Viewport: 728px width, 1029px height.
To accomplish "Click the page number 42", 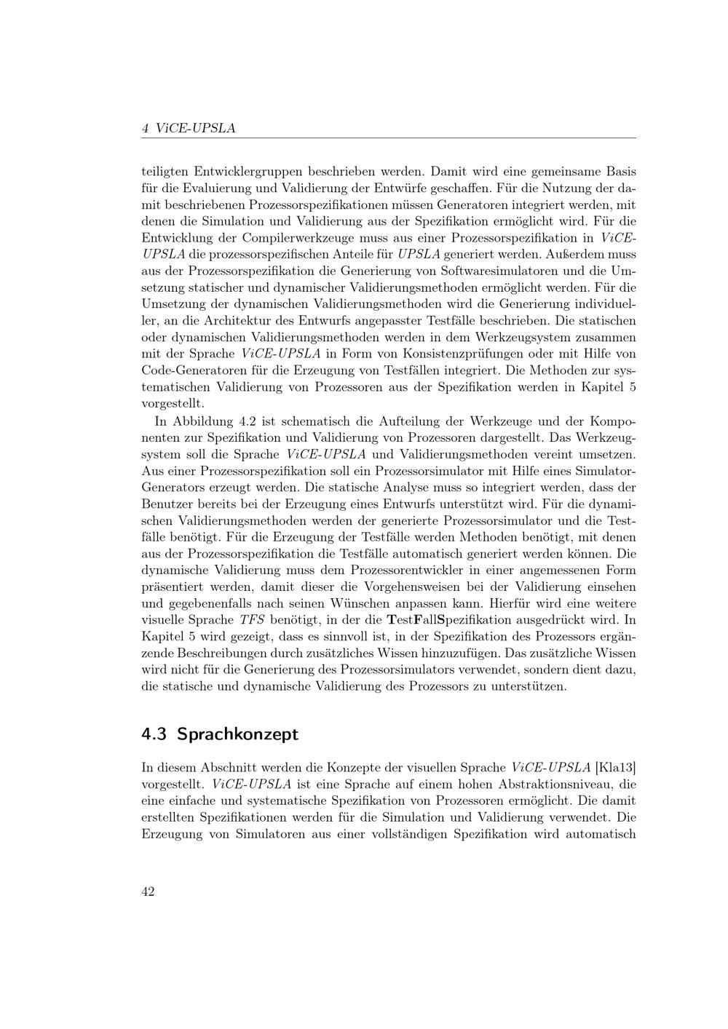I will tap(148, 892).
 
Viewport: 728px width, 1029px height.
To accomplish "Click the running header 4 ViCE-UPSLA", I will tap(189, 128).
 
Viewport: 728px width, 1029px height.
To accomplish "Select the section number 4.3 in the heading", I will tap(154, 734).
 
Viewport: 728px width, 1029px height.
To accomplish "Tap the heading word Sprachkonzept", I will tap(237, 734).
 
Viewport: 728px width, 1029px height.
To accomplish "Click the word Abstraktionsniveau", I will tap(557, 784).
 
